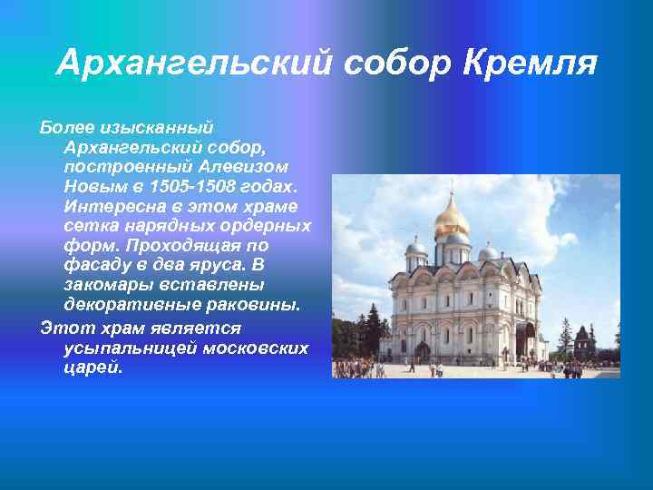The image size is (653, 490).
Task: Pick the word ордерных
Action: [x=270, y=226]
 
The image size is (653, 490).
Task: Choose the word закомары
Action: [x=102, y=286]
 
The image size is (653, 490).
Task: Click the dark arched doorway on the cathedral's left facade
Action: [x=422, y=350]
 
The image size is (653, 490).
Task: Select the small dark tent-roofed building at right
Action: [x=585, y=342]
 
